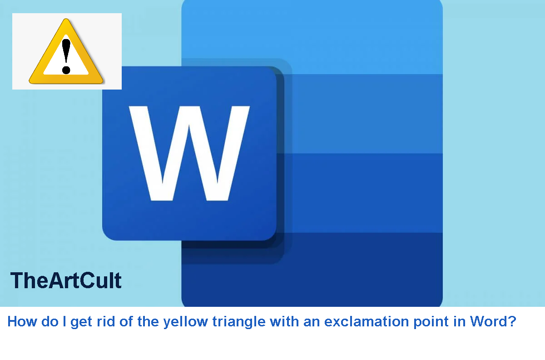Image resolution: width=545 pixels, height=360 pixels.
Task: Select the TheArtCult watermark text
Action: (x=66, y=280)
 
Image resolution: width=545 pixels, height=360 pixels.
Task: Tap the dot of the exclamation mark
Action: (x=67, y=70)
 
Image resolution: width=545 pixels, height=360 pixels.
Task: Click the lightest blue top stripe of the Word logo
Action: (x=363, y=36)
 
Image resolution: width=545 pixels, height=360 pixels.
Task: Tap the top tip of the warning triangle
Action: (x=67, y=20)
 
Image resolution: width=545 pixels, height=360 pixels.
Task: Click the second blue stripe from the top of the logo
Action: (x=363, y=114)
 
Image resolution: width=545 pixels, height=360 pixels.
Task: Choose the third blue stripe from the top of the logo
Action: (x=363, y=193)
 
